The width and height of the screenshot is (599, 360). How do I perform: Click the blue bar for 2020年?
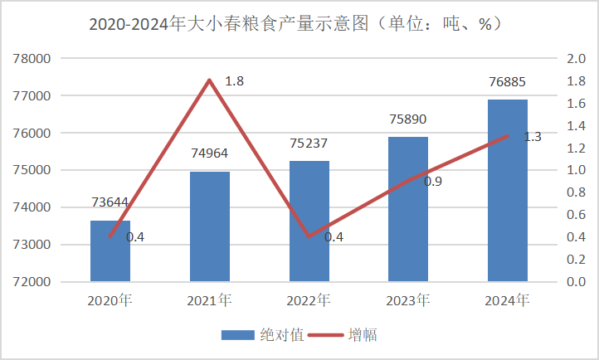pyautogui.click(x=110, y=251)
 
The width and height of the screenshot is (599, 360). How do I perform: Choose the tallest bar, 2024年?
pyautogui.click(x=508, y=191)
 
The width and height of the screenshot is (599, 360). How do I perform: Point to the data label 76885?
pyautogui.click(x=508, y=82)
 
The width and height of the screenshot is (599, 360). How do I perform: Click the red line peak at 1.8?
pyautogui.click(x=210, y=80)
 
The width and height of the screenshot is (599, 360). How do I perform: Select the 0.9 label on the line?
pyautogui.click(x=433, y=181)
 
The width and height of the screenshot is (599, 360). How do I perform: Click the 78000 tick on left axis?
pyautogui.click(x=33, y=59)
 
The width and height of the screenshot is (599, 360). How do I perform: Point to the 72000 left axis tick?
pyautogui.click(x=33, y=282)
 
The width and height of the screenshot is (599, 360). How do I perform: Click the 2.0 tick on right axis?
pyautogui.click(x=575, y=59)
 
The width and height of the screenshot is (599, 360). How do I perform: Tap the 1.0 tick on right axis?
pyautogui.click(x=575, y=170)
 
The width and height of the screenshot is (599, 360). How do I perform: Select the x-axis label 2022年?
pyautogui.click(x=309, y=299)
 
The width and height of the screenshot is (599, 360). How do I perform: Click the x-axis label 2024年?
pyautogui.click(x=508, y=299)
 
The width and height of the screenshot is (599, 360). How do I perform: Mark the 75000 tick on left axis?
pyautogui.click(x=33, y=170)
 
